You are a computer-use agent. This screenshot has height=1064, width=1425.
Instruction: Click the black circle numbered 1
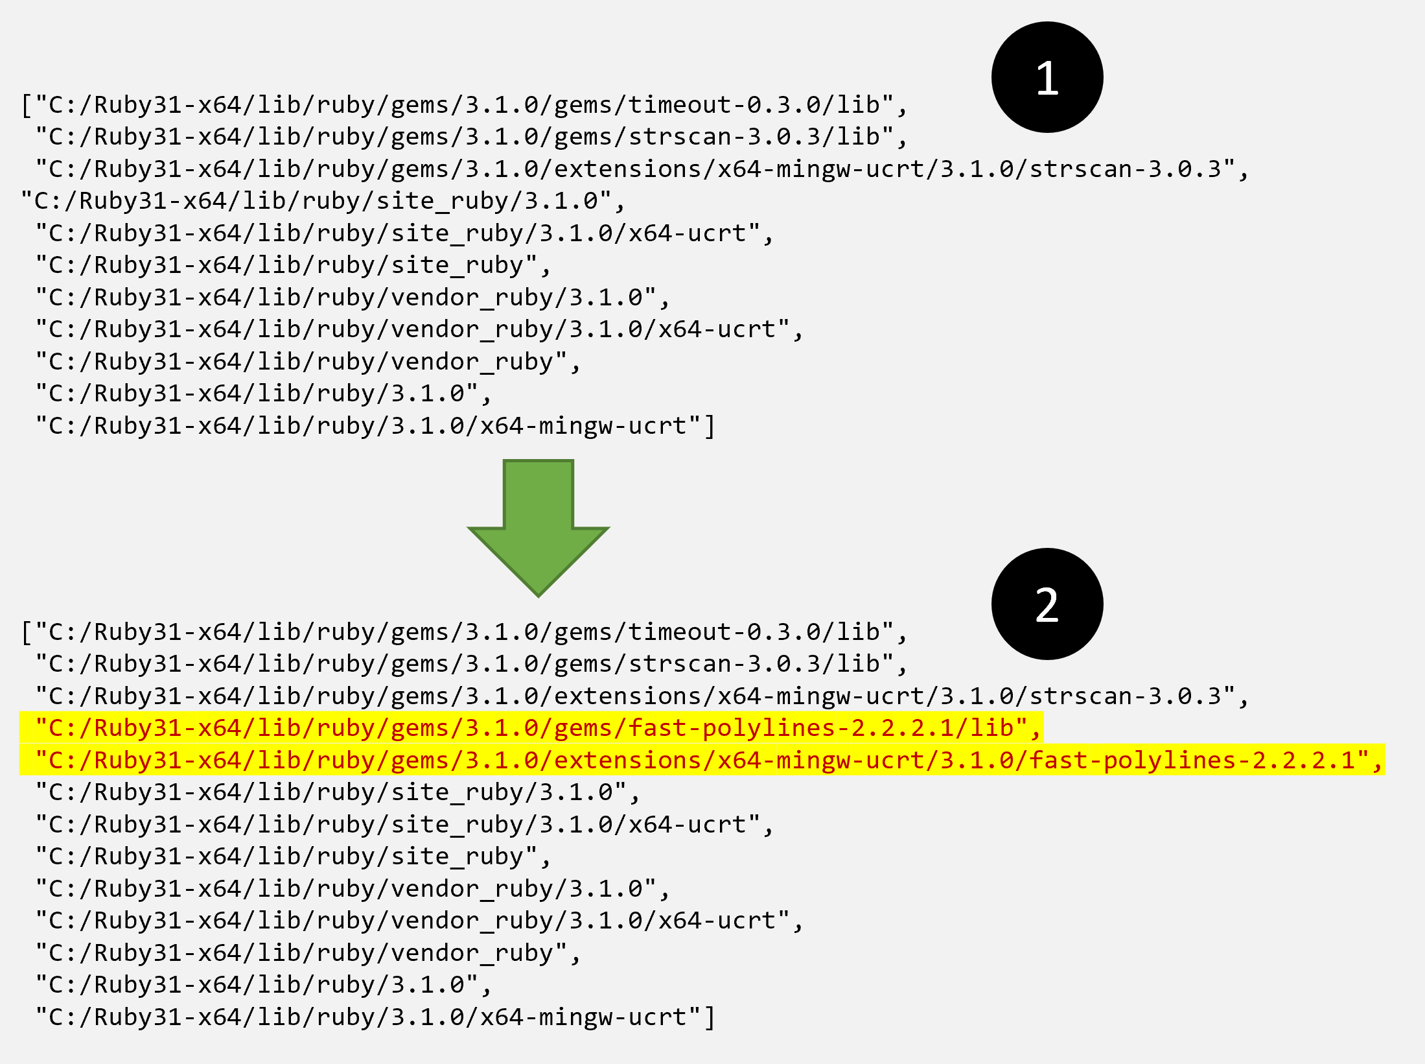click(x=1047, y=77)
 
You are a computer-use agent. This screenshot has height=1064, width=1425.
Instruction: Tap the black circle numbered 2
click(x=1047, y=604)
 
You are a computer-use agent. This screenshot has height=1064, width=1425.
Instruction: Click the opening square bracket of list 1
click(x=27, y=105)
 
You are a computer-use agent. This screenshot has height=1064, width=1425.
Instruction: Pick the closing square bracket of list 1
click(x=710, y=426)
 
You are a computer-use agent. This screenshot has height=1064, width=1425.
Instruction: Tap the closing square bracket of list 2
click(x=710, y=1017)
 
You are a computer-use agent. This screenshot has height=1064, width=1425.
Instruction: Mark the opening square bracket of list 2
click(x=27, y=632)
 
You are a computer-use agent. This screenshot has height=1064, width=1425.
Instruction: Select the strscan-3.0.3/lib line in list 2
click(x=470, y=664)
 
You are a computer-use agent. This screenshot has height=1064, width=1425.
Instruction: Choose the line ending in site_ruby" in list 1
click(x=292, y=266)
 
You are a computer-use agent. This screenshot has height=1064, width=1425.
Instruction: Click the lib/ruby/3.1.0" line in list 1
click(x=262, y=394)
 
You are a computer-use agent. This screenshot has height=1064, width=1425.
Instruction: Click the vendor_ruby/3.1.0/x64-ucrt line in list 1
click(x=418, y=329)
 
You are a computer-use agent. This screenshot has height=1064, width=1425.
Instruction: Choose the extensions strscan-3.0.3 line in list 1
click(x=642, y=169)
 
